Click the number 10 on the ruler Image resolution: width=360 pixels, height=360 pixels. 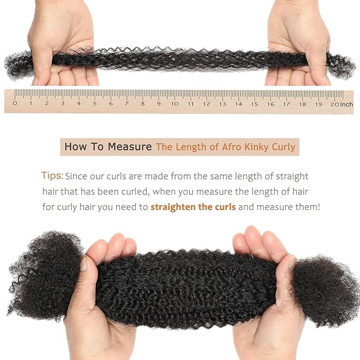click(174, 104)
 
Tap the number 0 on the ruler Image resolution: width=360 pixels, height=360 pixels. click(15, 104)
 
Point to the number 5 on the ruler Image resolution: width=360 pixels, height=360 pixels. click(95, 104)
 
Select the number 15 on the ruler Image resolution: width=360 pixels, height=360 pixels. click(254, 104)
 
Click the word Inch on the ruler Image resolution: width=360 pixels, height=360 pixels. click(347, 104)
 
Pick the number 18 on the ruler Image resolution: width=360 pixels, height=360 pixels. click(302, 104)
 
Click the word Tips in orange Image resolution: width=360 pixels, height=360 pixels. click(52, 175)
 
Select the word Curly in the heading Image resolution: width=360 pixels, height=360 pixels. click(282, 147)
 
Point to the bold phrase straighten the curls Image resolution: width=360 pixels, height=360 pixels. click(193, 206)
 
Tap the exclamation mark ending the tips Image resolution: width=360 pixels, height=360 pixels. click(318, 206)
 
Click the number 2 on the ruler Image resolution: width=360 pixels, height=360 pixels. click(47, 104)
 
